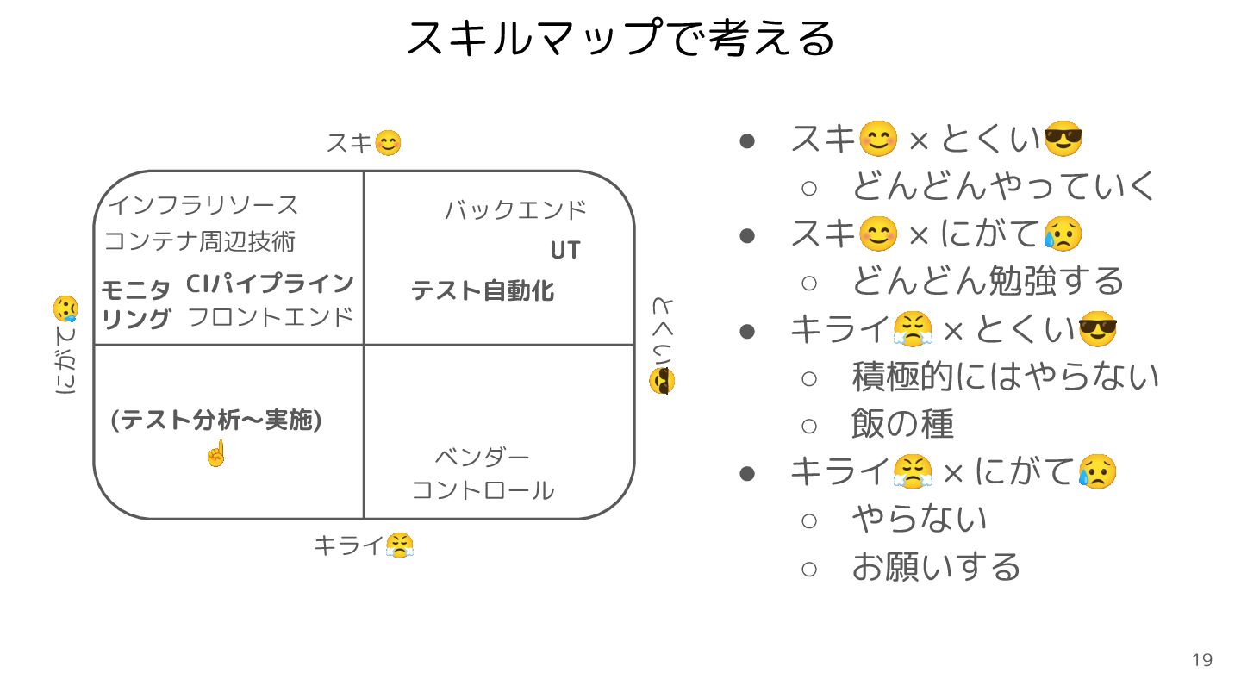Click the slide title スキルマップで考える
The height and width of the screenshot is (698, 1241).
pos(620,38)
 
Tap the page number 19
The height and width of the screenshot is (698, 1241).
pos(1202,660)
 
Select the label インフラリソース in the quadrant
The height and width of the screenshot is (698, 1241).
pos(203,206)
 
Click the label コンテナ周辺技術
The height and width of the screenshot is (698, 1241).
pos(200,241)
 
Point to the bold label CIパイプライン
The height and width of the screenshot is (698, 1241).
pos(270,284)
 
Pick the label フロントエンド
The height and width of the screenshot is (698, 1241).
pos(271,317)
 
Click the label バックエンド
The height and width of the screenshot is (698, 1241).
pos(515,210)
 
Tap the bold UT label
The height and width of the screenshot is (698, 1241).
pos(565,251)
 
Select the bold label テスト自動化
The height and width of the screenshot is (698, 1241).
pos(483,291)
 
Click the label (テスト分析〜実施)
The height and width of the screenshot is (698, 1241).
pos(216,421)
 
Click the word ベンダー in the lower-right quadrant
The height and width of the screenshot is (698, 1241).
pos(482,457)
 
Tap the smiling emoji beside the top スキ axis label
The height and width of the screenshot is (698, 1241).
pos(389,143)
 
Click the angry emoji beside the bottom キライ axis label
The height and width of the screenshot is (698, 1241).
pos(400,545)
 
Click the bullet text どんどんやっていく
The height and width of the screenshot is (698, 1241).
pos(1003,186)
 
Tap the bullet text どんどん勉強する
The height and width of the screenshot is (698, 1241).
pos(988,281)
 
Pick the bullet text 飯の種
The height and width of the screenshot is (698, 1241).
pos(902,424)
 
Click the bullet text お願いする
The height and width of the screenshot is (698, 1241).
pos(936,567)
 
